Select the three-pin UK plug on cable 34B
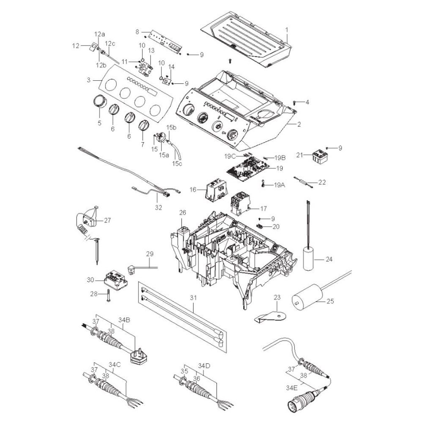pyautogui.click(x=139, y=357)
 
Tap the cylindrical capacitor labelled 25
pyautogui.click(x=308, y=296)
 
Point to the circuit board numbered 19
pyautogui.click(x=247, y=169)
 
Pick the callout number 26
pyautogui.click(x=183, y=213)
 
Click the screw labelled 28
pyautogui.click(x=109, y=295)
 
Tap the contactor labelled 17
pyautogui.click(x=239, y=203)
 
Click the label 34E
pyautogui.click(x=292, y=388)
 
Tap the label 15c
pyautogui.click(x=177, y=163)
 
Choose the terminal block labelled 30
pyautogui.click(x=116, y=280)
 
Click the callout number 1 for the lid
pyautogui.click(x=287, y=30)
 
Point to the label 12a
pyautogui.click(x=99, y=34)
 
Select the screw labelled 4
pyautogui.click(x=295, y=102)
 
